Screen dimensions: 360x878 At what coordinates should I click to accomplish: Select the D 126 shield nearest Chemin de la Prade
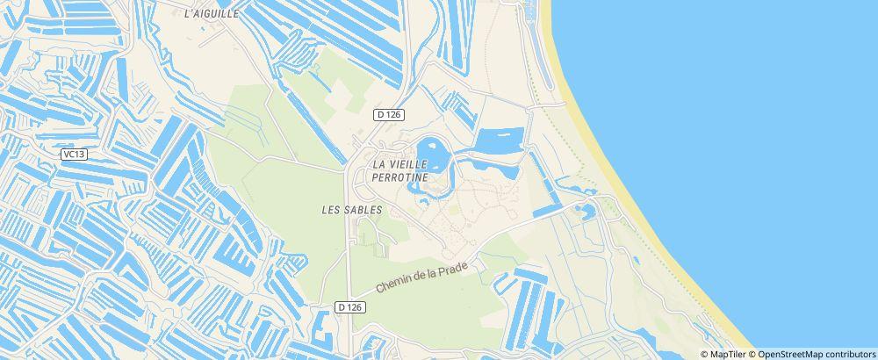coord(349,306)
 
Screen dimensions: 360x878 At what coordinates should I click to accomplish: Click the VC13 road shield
coord(74,154)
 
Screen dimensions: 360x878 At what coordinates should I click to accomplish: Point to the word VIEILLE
coord(412,164)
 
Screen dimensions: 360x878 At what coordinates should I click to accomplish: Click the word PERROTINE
coord(400,177)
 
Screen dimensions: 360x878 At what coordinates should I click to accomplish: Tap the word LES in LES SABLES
coord(332,210)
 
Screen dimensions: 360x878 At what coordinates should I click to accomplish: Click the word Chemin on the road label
coord(395,284)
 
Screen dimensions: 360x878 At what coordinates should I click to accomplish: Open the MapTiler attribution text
coord(729,354)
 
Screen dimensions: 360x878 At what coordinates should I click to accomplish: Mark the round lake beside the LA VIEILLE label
coord(432,155)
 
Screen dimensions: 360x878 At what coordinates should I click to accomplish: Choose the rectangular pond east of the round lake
coord(499,138)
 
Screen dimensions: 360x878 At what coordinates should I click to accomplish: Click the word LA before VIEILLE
coord(380,164)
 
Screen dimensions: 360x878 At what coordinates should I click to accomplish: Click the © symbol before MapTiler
coord(704,354)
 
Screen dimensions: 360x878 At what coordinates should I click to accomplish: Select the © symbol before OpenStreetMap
coord(752,354)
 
